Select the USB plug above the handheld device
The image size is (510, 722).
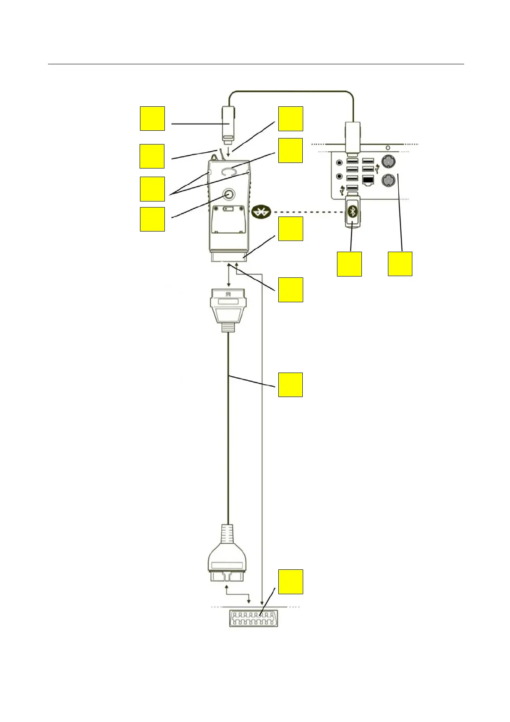coord(228,123)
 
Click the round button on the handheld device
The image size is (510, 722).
coord(229,194)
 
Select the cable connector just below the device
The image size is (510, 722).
coord(229,308)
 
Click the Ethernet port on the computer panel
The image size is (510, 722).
coord(368,180)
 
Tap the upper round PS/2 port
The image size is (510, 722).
coord(387,162)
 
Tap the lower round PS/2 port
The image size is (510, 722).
coord(387,180)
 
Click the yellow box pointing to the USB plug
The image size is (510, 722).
coord(152,118)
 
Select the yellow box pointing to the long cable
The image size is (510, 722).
coord(290,385)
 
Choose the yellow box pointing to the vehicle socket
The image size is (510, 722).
coord(290,581)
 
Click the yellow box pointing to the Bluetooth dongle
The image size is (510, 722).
coord(349,264)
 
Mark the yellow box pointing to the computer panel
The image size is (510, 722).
coord(400,264)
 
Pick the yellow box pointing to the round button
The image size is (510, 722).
coord(152,219)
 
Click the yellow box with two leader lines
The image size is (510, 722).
coord(152,189)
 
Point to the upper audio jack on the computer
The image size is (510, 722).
coord(340,162)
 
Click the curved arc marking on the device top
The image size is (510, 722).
coord(229,171)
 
